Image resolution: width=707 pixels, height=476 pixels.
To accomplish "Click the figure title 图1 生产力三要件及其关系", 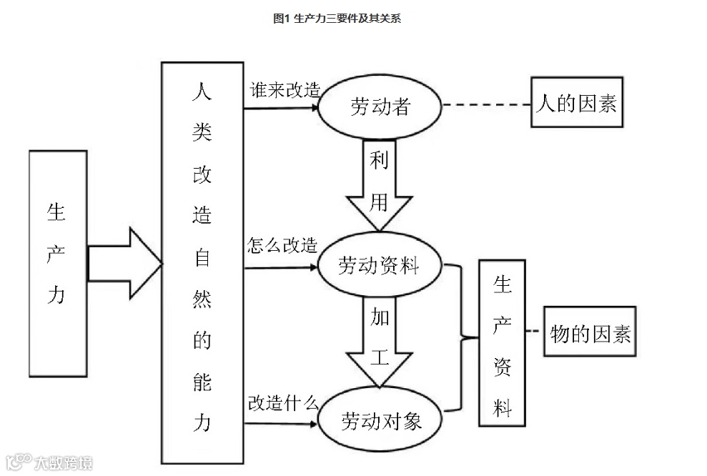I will click(337, 19).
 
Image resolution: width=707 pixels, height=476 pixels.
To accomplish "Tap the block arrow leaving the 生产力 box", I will click(126, 263).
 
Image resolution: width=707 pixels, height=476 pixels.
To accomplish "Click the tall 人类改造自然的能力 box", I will click(202, 263).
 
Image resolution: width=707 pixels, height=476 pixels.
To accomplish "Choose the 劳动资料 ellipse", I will click(378, 267).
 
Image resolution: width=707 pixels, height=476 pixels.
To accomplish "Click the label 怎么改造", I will click(282, 247).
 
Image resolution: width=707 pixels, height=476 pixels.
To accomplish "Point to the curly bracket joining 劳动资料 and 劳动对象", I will click(461, 337).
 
